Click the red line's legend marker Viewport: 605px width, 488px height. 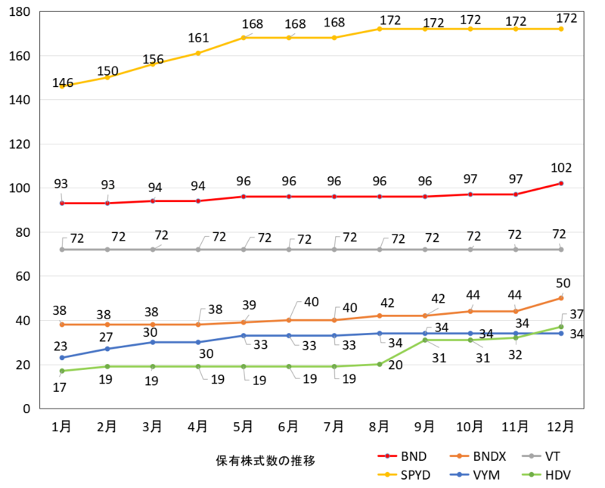pyautogui.click(x=387, y=456)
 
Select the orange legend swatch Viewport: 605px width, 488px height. pyautogui.click(x=459, y=456)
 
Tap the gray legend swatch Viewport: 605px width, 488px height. pyautogui.click(x=532, y=456)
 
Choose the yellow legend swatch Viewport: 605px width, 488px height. pyautogui.click(x=387, y=474)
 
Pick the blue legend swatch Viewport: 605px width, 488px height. pyautogui.click(x=459, y=474)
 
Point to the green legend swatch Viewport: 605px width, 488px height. pyautogui.click(x=532, y=474)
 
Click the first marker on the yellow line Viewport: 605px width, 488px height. pyautogui.click(x=62, y=87)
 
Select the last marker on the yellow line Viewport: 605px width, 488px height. pyautogui.click(x=561, y=29)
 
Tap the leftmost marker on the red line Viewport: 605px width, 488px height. pyautogui.click(x=62, y=203)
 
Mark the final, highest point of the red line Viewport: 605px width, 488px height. pyautogui.click(x=561, y=183)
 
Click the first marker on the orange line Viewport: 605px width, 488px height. pyautogui.click(x=62, y=325)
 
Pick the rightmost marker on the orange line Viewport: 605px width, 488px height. pyautogui.click(x=561, y=297)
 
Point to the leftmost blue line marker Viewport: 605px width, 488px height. pyautogui.click(x=62, y=357)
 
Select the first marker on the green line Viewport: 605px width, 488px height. pyautogui.click(x=62, y=371)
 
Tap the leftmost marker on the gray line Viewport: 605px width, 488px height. pyautogui.click(x=62, y=249)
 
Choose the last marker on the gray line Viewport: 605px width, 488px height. pyautogui.click(x=561, y=249)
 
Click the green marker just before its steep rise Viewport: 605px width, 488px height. pyautogui.click(x=380, y=364)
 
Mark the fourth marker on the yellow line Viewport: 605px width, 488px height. pyautogui.click(x=198, y=52)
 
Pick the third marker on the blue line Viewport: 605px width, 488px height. pyautogui.click(x=153, y=342)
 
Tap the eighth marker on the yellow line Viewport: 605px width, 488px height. pyautogui.click(x=380, y=29)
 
